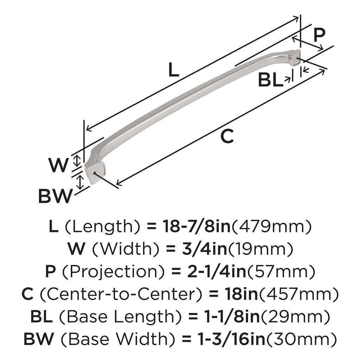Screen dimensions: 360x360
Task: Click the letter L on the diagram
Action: click(x=173, y=70)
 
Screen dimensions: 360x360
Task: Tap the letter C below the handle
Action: click(x=227, y=136)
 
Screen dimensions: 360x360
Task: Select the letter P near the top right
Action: click(x=319, y=35)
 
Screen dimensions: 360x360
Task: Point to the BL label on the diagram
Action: click(x=270, y=81)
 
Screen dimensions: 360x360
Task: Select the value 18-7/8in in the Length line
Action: click(x=196, y=227)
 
